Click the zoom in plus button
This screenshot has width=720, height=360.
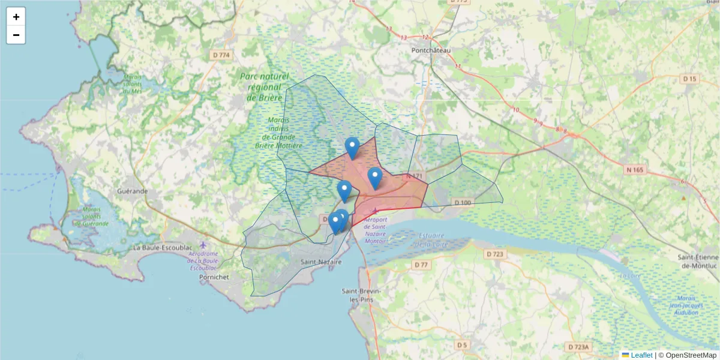point(16,17)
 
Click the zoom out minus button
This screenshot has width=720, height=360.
point(16,35)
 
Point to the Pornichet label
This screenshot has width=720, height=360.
point(211,278)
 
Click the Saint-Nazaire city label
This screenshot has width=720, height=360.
point(321,262)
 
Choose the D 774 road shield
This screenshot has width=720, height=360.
point(220,55)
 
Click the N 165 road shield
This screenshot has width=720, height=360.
point(634,170)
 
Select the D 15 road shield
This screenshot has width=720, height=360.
point(689,79)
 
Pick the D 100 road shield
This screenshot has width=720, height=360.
point(463,203)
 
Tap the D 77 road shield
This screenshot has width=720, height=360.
point(421,265)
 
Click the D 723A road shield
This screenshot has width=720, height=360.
point(579,347)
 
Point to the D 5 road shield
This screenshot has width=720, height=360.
point(461,345)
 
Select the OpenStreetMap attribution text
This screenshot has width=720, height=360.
point(687,355)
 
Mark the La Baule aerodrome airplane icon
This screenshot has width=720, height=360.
point(203,245)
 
